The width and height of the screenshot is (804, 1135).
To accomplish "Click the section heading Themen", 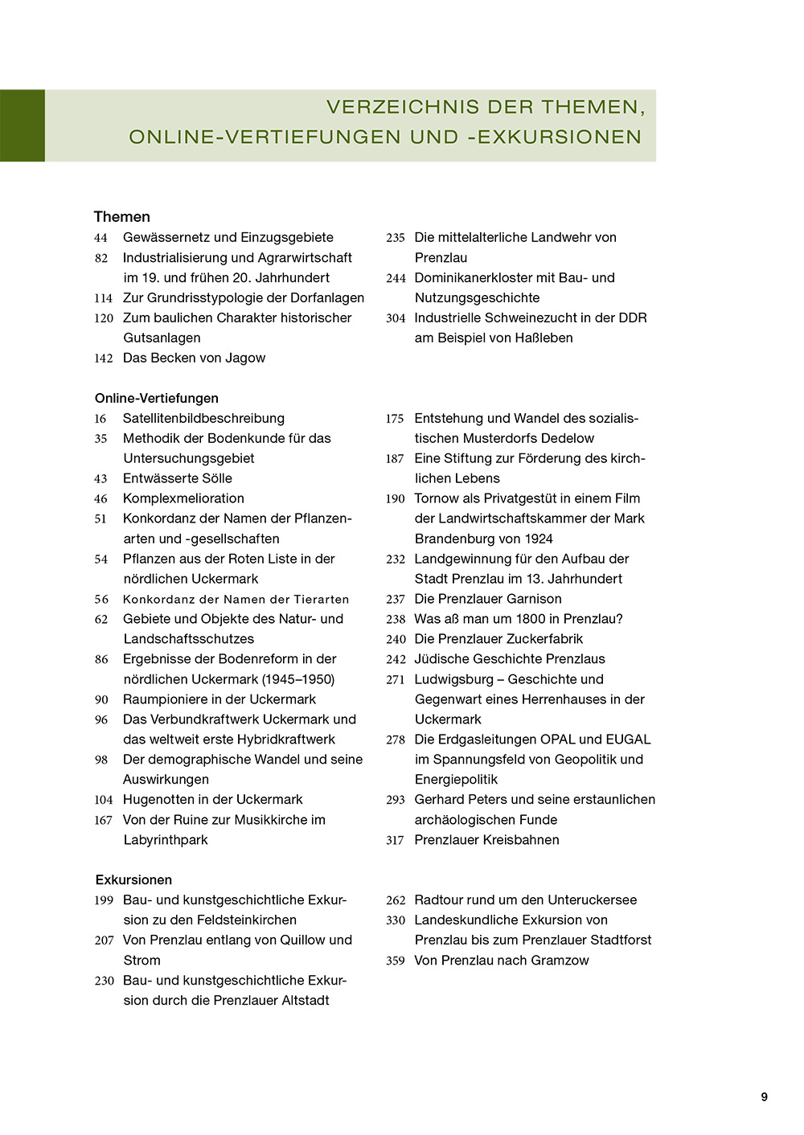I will [121, 217].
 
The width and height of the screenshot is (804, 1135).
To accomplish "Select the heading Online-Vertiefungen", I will [156, 398].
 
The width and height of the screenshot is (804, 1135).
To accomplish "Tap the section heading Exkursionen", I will [133, 879].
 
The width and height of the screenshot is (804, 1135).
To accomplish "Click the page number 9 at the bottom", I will [764, 1097].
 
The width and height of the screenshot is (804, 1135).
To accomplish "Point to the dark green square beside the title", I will [23, 125].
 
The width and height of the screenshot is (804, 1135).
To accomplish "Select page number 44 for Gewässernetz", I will [100, 238].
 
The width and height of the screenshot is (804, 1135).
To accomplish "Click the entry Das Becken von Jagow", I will [194, 358].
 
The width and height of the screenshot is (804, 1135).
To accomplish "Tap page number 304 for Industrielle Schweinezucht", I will [396, 318].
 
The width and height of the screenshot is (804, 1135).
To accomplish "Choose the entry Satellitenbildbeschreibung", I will [203, 418].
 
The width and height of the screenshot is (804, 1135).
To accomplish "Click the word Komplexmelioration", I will [183, 498].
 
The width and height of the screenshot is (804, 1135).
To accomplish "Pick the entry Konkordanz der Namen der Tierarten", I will [236, 599].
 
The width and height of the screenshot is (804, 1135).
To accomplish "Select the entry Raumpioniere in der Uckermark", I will [219, 699].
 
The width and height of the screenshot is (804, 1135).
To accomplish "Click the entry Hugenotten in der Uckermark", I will [212, 800].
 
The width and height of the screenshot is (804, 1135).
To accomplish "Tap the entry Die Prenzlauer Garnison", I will [487, 599].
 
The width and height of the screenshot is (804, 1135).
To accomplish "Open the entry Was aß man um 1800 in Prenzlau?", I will [518, 619].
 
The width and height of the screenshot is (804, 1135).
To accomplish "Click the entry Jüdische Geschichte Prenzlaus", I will [509, 659].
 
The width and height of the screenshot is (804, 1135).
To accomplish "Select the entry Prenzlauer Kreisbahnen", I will [486, 840].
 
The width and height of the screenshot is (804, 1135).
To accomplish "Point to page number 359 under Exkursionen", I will [395, 961].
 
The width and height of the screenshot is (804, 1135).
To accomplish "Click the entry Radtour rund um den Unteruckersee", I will [525, 900].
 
